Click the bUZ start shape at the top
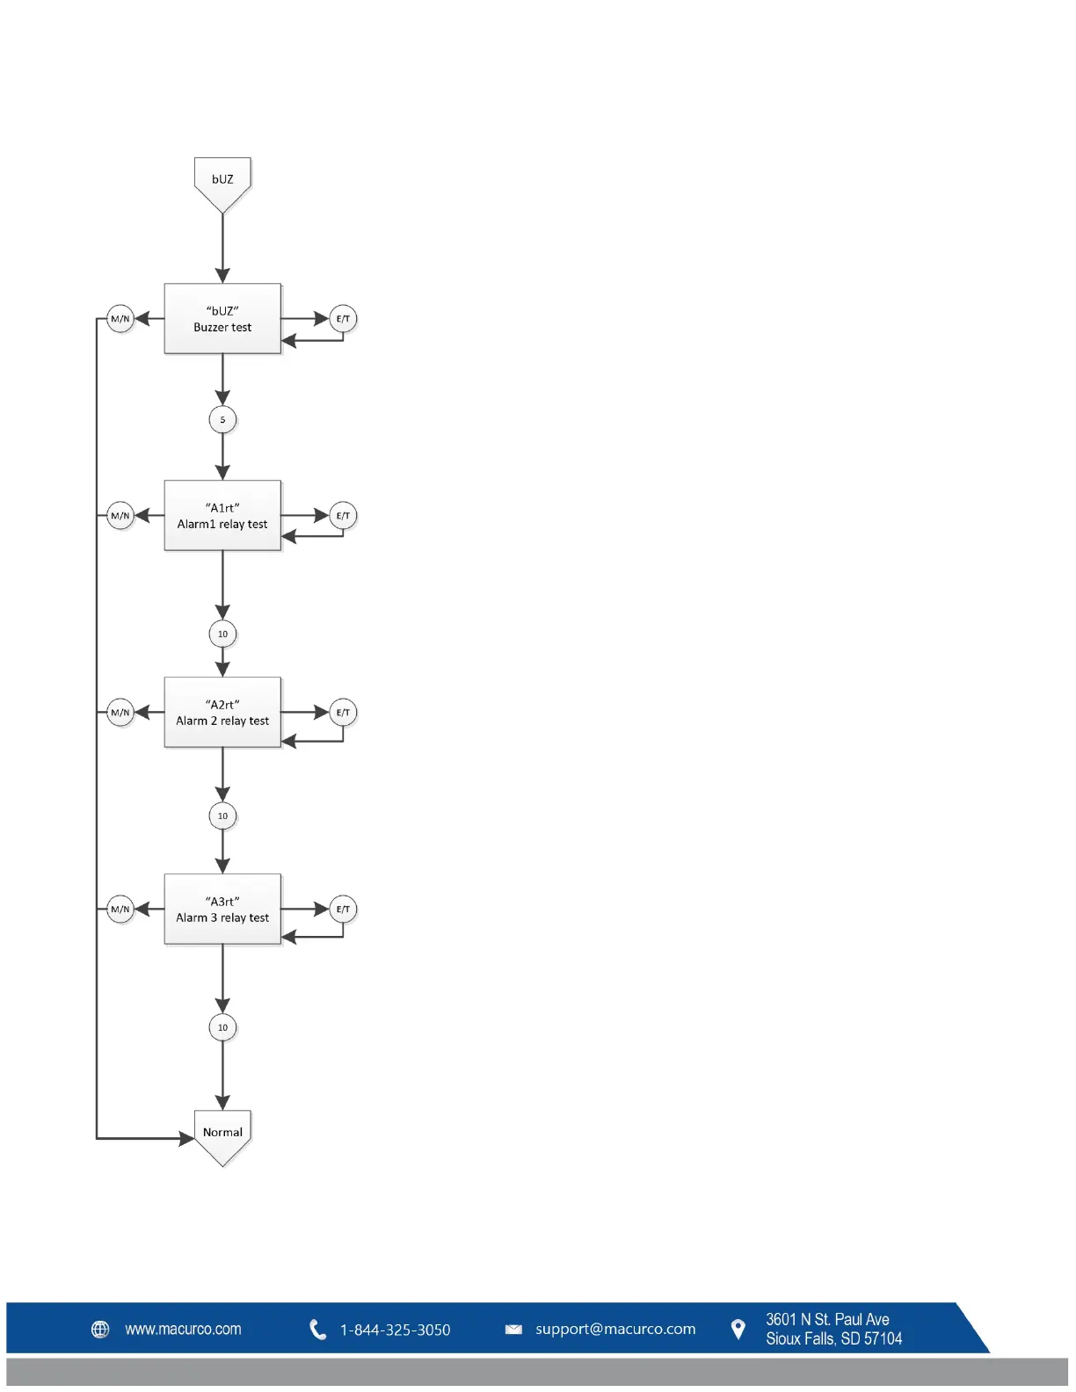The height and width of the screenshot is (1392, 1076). [222, 181]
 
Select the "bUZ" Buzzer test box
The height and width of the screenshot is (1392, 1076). [222, 319]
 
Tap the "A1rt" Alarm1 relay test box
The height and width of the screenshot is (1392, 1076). [222, 516]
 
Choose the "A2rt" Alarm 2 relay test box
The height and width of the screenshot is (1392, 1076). [222, 713]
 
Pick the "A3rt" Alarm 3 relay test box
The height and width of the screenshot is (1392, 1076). [222, 910]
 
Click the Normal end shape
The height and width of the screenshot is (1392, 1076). [222, 1135]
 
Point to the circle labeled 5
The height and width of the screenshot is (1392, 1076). [222, 419]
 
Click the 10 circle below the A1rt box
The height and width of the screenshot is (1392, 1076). [222, 634]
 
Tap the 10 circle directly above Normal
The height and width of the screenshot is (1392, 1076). [222, 1027]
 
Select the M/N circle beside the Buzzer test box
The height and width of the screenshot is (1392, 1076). [120, 319]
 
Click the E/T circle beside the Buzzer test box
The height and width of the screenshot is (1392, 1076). [343, 319]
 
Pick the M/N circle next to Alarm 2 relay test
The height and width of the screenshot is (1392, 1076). [120, 713]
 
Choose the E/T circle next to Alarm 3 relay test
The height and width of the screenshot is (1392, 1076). [343, 910]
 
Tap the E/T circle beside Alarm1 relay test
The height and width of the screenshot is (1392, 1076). [343, 516]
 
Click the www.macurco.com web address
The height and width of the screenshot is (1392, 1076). [183, 1330]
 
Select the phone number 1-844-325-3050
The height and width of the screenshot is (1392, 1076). [395, 1330]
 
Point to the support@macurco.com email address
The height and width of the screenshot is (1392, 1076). [615, 1330]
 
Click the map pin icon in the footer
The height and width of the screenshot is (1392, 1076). [738, 1330]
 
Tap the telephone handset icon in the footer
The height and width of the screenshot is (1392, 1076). [318, 1330]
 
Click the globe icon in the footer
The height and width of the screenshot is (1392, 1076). [101, 1330]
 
